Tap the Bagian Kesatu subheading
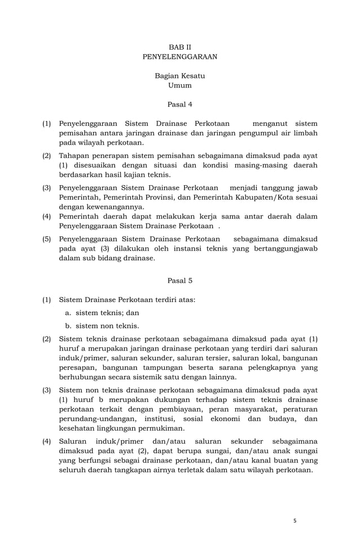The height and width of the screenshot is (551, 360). coord(179,76)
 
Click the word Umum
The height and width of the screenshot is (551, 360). coord(179,86)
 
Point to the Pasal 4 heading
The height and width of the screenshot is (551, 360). coord(179,104)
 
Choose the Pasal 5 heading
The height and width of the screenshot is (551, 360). coord(179,280)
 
